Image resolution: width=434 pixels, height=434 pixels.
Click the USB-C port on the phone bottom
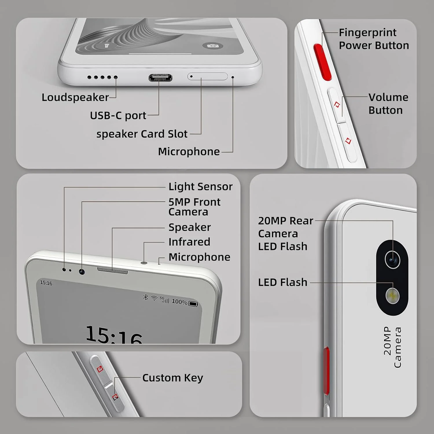pos(160,78)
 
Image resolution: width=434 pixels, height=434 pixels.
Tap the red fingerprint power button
pos(322,62)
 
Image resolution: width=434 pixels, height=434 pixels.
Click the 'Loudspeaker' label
pos(75,98)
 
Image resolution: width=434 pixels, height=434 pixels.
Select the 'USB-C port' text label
pos(118,116)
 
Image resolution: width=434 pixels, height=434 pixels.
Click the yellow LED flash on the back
pos(393,296)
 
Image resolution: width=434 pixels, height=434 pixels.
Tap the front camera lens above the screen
pos(82,272)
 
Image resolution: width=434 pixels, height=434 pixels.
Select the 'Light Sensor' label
pos(201,187)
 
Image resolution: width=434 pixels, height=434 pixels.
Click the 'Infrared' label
pos(189,242)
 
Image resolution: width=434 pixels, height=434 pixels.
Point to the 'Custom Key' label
pos(173,378)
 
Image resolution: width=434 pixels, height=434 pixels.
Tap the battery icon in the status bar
pos(193,304)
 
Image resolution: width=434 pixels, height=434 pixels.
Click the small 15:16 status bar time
pos(46,283)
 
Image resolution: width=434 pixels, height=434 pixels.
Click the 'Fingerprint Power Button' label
pos(374,39)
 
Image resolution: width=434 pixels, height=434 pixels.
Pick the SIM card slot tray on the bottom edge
pos(207,76)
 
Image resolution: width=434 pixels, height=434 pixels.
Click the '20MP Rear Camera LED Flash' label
pos(286,233)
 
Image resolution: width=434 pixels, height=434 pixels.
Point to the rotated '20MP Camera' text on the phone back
pos(392,347)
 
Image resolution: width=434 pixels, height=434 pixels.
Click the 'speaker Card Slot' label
pos(142,134)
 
